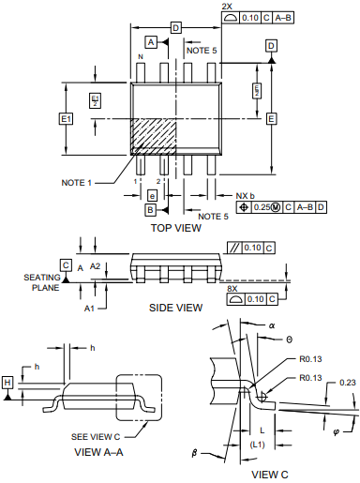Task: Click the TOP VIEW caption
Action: pos(176,228)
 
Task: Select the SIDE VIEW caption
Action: pos(175,308)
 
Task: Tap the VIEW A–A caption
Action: pos(98,452)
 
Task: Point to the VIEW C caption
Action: pos(270,475)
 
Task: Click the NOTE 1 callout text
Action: pos(76,183)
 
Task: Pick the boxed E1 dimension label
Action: pos(66,119)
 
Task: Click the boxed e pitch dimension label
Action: pos(152,196)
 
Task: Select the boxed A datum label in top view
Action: pos(151,42)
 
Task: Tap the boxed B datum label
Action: pos(150,210)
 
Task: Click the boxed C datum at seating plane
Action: pos(66,265)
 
